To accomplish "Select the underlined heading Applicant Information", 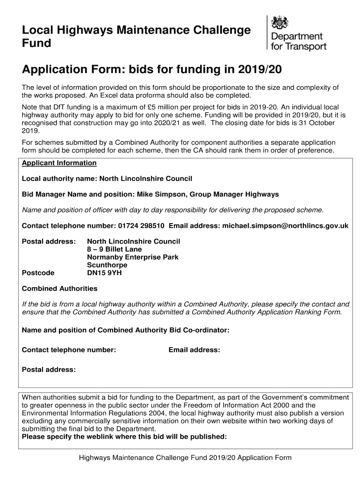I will [x=59, y=163].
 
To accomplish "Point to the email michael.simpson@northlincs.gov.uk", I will [x=285, y=226].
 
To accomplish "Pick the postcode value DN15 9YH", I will [x=104, y=273].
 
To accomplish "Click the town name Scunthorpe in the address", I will [x=107, y=265].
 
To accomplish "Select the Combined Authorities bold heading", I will [x=60, y=288].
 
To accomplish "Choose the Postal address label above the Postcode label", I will [x=49, y=241].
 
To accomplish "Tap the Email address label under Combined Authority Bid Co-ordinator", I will [x=194, y=350].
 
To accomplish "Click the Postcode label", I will [x=38, y=273].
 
